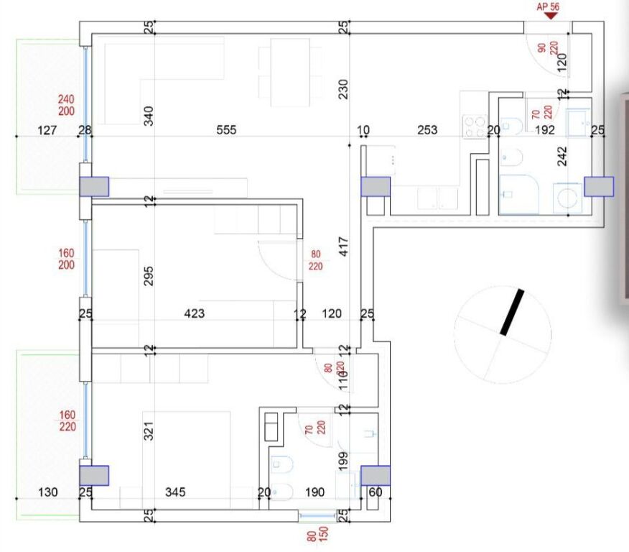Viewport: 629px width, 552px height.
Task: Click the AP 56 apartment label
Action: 548,6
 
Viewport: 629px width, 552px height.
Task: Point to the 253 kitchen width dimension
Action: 427,130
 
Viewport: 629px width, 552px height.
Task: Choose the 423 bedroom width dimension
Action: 195,313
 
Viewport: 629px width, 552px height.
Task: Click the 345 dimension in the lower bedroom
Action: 175,492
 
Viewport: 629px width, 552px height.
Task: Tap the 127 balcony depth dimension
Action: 46,130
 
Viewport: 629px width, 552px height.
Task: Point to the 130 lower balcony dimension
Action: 48,492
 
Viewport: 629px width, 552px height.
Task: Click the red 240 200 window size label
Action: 66,104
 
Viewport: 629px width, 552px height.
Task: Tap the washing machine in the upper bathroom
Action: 567,198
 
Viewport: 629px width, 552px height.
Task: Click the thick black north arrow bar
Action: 512,312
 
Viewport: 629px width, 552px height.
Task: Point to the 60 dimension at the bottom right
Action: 375,492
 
